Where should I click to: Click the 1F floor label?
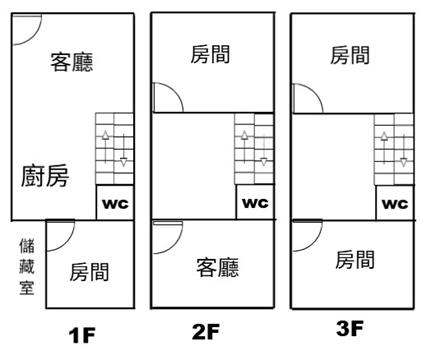coord(82,335)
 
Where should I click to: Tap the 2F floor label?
coord(206,332)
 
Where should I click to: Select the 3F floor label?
coord(349,328)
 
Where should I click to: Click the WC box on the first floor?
coord(115,203)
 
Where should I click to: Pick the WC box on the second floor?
coord(255,202)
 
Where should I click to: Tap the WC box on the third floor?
coord(395,203)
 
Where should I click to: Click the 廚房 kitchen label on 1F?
coord(45,176)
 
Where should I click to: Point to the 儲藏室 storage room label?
coord(27,267)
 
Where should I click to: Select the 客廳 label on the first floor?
coord(72,62)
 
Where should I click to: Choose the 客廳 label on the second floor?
coord(218,267)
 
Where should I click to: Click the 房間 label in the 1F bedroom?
coord(89,272)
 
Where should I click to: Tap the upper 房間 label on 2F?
coord(210,55)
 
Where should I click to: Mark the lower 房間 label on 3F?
coord(355,260)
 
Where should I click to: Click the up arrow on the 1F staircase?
coord(106,147)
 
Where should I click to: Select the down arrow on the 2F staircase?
coord(264,149)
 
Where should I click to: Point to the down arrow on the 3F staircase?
coord(403,150)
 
